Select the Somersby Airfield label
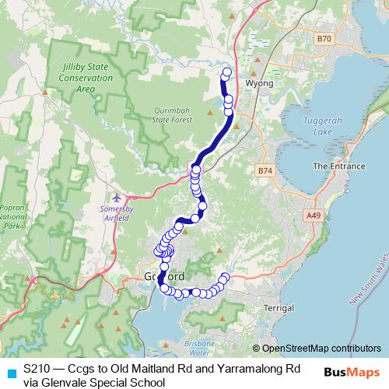119,214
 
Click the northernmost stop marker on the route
227,72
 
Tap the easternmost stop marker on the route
226,276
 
